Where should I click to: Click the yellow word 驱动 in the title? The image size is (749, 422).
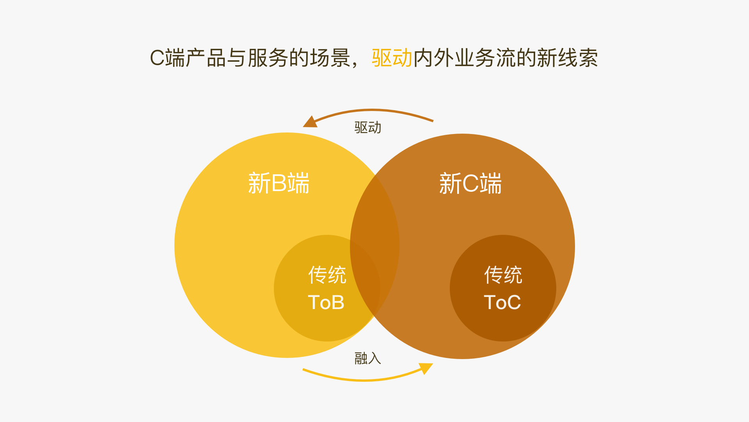pos(392,58)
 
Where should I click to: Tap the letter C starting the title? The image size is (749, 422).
pos(157,58)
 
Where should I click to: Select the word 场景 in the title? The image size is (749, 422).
pos(330,58)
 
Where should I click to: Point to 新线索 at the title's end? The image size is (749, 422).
pos(567,58)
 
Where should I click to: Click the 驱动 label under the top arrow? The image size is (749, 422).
pos(367,127)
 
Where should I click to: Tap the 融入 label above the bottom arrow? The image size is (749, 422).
pos(367,358)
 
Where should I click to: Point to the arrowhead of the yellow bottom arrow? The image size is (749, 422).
pos(426,368)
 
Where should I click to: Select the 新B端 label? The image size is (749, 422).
pos(279,183)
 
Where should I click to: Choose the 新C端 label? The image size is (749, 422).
pos(470,183)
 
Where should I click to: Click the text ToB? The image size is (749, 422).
pos(326,302)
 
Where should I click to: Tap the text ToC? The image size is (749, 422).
pos(502,302)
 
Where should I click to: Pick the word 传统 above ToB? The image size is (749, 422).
pos(327,275)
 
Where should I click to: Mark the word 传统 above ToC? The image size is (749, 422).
pos(503,275)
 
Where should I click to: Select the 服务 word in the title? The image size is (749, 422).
pos(268,58)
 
